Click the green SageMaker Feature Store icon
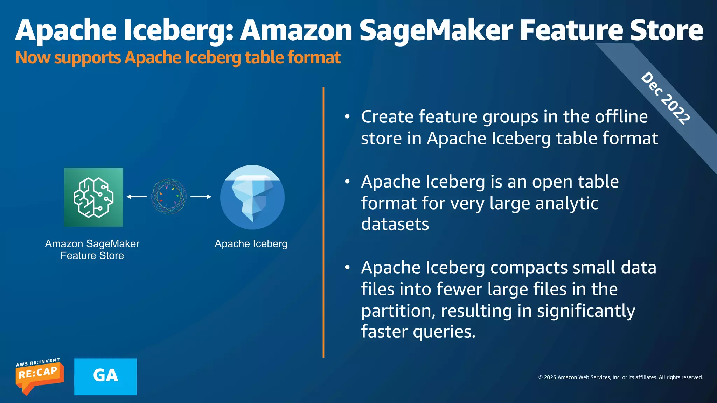point(93,197)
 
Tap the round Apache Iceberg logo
point(252,197)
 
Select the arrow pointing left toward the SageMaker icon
point(137,197)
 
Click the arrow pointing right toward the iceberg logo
point(201,197)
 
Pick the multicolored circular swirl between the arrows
point(169,197)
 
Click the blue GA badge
point(105,376)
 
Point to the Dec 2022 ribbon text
point(665,98)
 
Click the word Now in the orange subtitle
point(33,57)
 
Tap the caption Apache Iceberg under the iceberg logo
point(251,244)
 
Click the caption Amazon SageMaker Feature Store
point(92,249)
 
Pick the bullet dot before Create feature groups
point(347,117)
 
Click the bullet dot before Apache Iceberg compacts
point(347,268)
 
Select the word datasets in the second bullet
point(395,224)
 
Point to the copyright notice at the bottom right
point(620,377)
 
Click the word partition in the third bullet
point(398,311)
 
